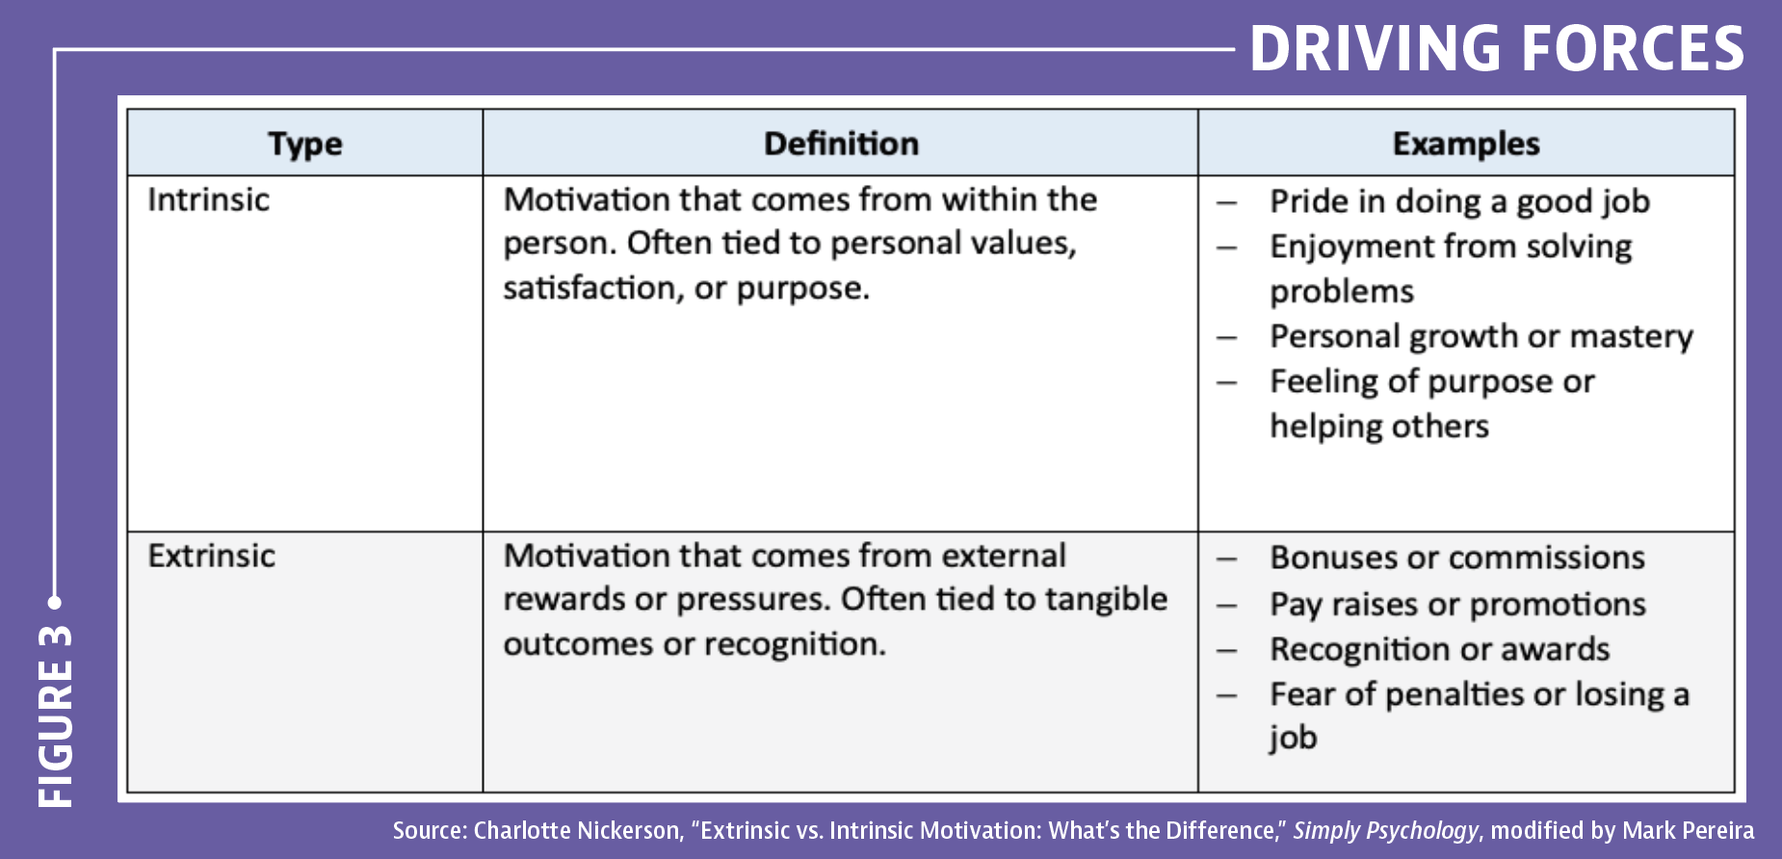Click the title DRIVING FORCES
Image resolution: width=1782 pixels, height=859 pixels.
tap(1497, 48)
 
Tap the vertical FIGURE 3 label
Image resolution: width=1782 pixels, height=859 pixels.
tap(56, 716)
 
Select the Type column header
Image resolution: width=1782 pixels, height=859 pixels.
tap(305, 144)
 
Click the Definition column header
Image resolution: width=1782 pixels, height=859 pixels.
tap(841, 143)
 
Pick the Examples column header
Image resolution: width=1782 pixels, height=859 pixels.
tap(1466, 143)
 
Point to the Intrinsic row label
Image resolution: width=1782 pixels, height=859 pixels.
tap(208, 199)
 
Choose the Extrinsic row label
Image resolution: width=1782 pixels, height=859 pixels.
tap(211, 556)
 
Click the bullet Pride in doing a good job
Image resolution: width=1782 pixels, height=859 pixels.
tap(1459, 201)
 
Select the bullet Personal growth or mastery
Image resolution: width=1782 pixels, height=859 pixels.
tap(1481, 336)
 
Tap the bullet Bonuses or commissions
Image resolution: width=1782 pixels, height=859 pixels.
tap(1456, 558)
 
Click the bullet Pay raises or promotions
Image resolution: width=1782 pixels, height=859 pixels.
tap(1457, 604)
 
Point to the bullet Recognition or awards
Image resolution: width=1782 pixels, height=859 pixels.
tap(1439, 649)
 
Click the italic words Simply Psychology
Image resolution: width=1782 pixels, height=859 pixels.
tap(1385, 830)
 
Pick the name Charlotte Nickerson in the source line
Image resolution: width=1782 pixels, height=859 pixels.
tap(577, 830)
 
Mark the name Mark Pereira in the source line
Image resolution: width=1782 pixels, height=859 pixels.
tap(1688, 830)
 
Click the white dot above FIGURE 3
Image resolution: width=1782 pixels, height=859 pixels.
tap(55, 603)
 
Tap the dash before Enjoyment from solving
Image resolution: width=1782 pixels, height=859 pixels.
tap(1226, 247)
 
